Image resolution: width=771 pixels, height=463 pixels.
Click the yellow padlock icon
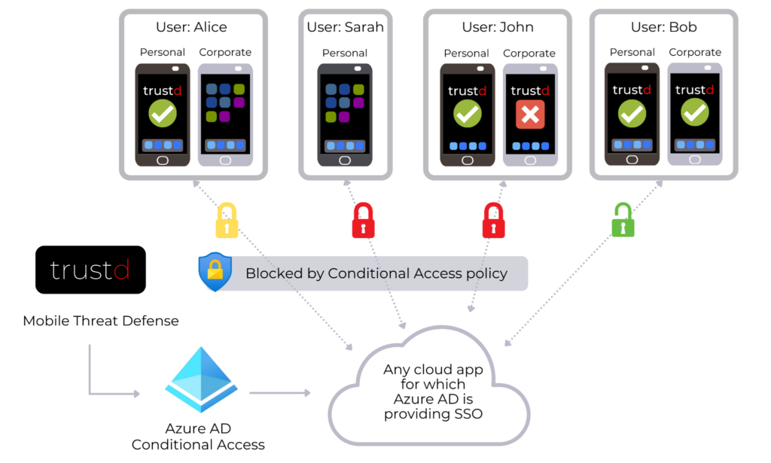pyautogui.click(x=227, y=221)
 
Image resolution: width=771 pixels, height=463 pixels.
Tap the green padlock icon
pyautogui.click(x=623, y=220)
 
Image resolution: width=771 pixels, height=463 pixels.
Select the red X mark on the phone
pyautogui.click(x=530, y=114)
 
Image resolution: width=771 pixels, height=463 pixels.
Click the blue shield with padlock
pyautogui.click(x=215, y=272)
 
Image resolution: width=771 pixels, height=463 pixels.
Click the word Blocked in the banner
pyautogui.click(x=273, y=273)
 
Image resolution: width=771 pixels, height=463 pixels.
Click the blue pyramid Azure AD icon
pyautogui.click(x=201, y=379)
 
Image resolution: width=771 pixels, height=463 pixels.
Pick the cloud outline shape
pyautogui.click(x=429, y=388)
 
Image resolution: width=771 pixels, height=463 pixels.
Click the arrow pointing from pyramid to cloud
pyautogui.click(x=279, y=392)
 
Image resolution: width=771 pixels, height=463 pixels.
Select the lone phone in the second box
pyautogui.click(x=344, y=114)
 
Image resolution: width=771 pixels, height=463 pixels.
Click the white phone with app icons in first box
pyautogui.click(x=226, y=114)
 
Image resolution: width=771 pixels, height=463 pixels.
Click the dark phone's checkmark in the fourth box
pyautogui.click(x=632, y=114)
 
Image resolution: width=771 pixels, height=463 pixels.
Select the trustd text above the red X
pyautogui.click(x=530, y=91)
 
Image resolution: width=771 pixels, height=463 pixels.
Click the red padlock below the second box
pyautogui.click(x=364, y=221)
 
